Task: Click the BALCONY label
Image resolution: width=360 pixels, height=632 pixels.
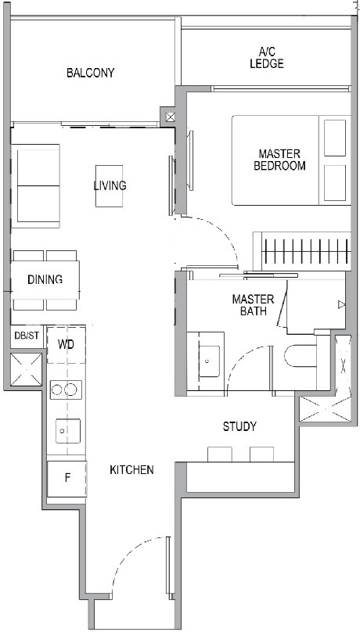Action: [x=90, y=73]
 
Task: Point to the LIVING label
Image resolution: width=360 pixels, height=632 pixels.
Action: [x=110, y=185]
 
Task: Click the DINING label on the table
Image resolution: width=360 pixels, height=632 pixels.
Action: [x=44, y=280]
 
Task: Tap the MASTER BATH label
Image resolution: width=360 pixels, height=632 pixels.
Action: [x=253, y=305]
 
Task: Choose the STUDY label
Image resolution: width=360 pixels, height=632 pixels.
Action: [x=239, y=426]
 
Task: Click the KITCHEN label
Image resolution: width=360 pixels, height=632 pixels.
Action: [x=131, y=469]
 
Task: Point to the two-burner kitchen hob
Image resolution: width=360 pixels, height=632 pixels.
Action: [x=66, y=390]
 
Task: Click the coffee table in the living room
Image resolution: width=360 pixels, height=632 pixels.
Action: [x=109, y=185]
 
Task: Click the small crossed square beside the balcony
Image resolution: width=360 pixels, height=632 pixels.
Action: [x=171, y=117]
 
